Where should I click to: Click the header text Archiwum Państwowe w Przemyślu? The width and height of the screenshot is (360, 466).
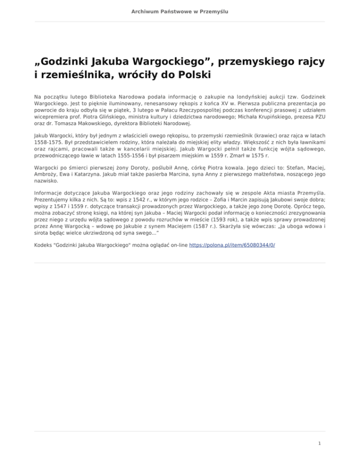click(180, 11)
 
